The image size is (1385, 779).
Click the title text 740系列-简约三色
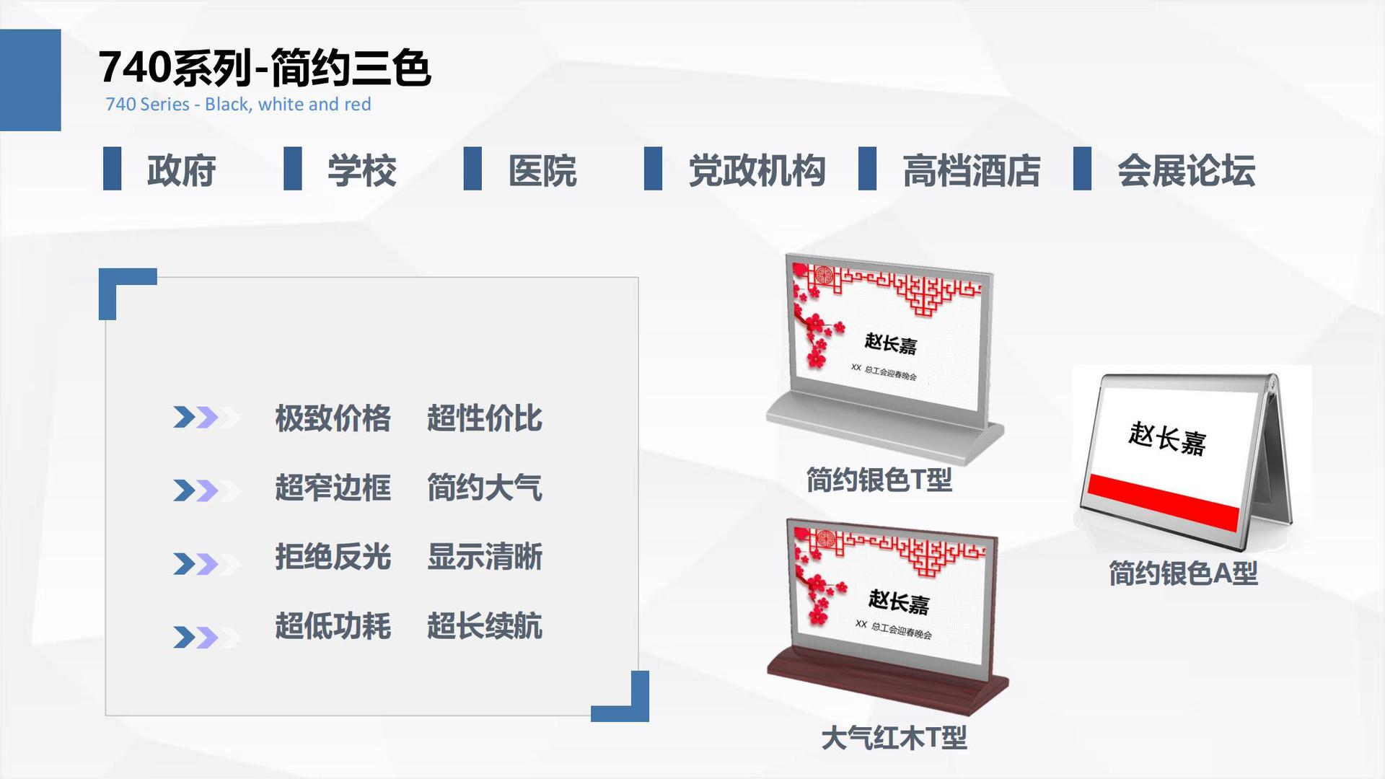(265, 68)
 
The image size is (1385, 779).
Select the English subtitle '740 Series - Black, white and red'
(238, 105)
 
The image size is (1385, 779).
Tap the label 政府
(181, 171)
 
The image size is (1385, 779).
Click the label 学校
(361, 171)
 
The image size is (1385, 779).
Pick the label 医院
(542, 171)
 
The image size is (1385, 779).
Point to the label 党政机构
(757, 171)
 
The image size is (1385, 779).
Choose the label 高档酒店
(971, 171)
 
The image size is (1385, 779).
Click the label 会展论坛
(1186, 171)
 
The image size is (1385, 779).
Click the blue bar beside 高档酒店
(867, 169)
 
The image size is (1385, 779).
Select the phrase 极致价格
(333, 418)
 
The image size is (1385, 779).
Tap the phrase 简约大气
(485, 488)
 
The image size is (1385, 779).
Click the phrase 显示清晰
(485, 557)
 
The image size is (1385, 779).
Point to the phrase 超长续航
(485, 626)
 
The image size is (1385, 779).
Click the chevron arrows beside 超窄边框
(206, 490)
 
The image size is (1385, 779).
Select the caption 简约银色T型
(879, 480)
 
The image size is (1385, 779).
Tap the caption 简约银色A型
(1183, 573)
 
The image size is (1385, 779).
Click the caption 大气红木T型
(894, 738)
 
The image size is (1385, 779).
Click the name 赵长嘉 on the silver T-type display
(891, 344)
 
